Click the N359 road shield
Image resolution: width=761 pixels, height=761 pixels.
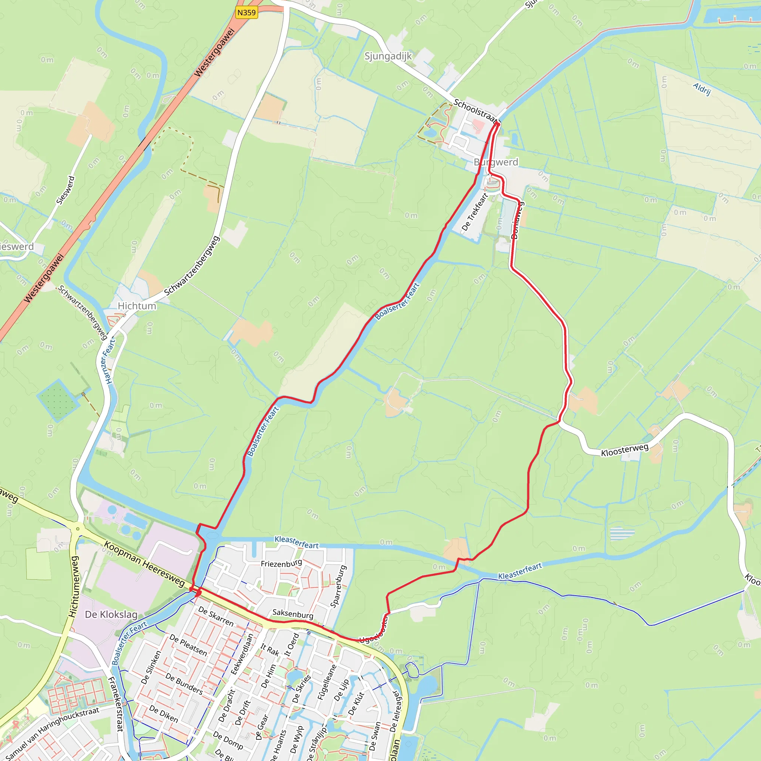(x=247, y=13)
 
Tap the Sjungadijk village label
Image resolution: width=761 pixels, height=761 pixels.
(x=388, y=56)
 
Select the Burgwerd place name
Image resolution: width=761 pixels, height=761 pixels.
(x=496, y=162)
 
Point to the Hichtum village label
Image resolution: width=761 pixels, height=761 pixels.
(x=137, y=306)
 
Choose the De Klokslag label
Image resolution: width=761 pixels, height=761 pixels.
(x=111, y=615)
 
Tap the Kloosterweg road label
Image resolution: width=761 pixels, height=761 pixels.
(x=625, y=450)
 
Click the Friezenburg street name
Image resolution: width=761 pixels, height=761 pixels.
(x=281, y=563)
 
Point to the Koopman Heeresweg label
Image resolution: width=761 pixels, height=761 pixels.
(x=144, y=564)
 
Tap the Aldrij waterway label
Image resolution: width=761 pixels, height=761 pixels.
(x=702, y=89)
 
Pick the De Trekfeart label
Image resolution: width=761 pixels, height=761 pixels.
(x=475, y=211)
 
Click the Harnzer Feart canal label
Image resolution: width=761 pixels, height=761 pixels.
(x=109, y=361)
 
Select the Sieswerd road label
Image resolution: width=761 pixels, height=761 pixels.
(x=65, y=190)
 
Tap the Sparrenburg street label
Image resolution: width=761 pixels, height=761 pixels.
(x=339, y=586)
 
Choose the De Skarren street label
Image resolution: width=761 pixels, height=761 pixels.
(x=216, y=616)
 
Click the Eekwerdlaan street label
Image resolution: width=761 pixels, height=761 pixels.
(x=242, y=654)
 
